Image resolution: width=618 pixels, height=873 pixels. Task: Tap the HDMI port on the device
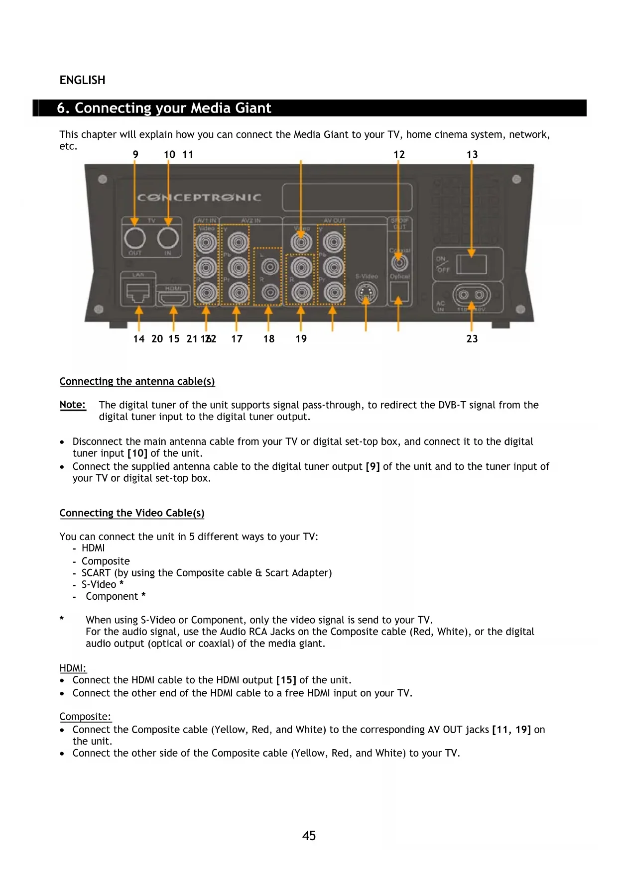click(x=173, y=298)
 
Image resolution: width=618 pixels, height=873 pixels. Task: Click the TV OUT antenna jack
click(x=134, y=238)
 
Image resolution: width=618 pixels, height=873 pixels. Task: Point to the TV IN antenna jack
click(x=168, y=238)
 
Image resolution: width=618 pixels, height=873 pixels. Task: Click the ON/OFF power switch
click(x=471, y=264)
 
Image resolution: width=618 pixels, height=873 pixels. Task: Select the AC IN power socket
click(x=468, y=295)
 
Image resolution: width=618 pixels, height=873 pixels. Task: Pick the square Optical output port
click(x=399, y=292)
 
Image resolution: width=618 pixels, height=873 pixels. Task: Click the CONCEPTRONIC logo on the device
click(x=199, y=198)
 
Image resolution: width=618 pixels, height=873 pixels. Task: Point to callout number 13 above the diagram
click(x=472, y=155)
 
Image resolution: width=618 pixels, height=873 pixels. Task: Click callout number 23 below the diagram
click(x=472, y=339)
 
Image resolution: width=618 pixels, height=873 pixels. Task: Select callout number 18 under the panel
click(x=269, y=339)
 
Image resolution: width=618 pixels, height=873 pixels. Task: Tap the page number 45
click(x=309, y=836)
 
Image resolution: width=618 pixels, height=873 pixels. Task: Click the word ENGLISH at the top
click(x=82, y=80)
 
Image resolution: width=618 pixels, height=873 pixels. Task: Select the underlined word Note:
click(x=73, y=405)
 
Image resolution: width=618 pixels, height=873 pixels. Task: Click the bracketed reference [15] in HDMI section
click(x=286, y=680)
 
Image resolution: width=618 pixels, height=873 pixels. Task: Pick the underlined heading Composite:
click(x=85, y=717)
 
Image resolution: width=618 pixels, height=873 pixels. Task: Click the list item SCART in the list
click(x=96, y=573)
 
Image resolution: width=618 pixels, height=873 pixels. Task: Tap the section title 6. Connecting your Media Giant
click(x=164, y=108)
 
